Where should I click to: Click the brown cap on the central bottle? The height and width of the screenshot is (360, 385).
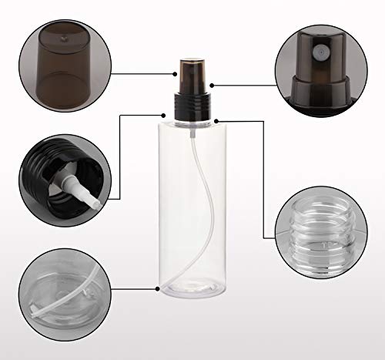190,75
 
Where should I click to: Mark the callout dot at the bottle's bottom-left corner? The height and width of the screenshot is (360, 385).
159,291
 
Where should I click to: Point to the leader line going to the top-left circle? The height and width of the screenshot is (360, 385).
139,75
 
